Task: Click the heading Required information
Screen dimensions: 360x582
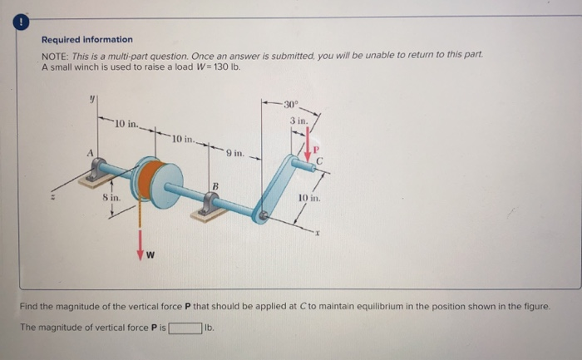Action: click(x=86, y=39)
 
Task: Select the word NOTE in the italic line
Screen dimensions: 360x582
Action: click(x=55, y=55)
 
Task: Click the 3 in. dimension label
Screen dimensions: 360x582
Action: click(x=298, y=121)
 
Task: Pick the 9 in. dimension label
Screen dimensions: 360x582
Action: click(x=234, y=153)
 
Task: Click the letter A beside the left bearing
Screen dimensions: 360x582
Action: click(x=83, y=152)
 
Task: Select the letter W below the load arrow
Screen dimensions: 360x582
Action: click(x=150, y=255)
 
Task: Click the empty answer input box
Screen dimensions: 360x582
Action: click(x=185, y=328)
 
